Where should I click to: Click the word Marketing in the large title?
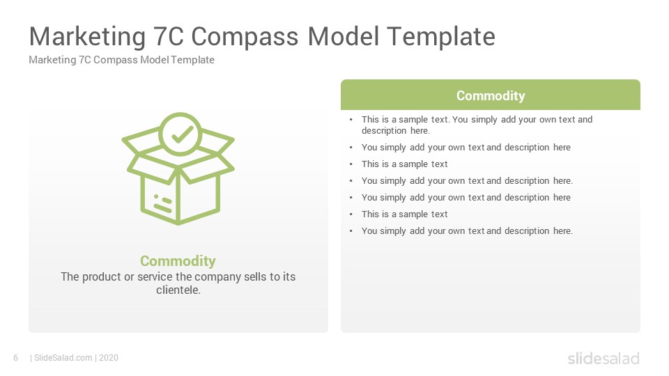(x=88, y=37)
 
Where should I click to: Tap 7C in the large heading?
(x=168, y=36)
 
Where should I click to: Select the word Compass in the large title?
(x=245, y=37)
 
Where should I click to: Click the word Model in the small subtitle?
(x=155, y=60)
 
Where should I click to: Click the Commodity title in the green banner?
(x=491, y=95)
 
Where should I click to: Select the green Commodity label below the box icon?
(x=178, y=261)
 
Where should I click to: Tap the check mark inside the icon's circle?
(x=182, y=134)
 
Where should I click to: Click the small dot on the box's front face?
(x=156, y=196)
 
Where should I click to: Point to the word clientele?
(x=178, y=290)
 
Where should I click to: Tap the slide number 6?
(x=16, y=358)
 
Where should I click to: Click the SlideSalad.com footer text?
(x=63, y=358)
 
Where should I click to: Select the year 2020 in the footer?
(x=109, y=358)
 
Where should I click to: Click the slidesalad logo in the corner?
(x=603, y=358)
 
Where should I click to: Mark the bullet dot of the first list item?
(x=351, y=120)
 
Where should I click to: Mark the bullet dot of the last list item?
(x=351, y=231)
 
